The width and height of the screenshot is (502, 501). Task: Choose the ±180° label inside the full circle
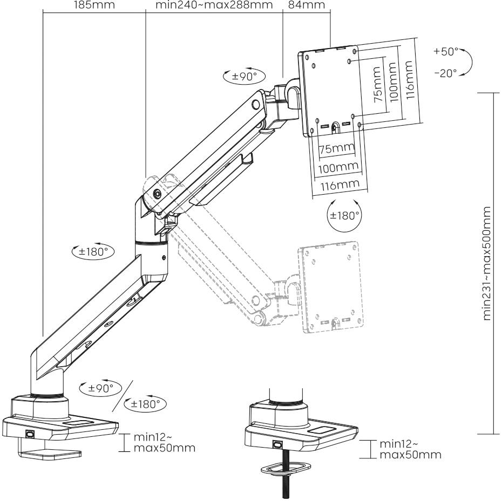point(344,215)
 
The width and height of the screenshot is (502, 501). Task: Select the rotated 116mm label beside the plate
point(410,76)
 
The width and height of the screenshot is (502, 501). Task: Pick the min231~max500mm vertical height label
point(489,263)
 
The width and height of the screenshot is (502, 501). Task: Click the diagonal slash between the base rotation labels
point(125,395)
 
